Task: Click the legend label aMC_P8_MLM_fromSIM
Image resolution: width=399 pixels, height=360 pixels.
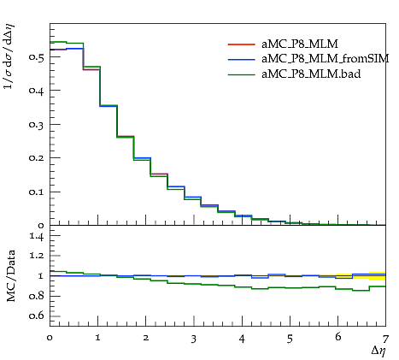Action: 326,59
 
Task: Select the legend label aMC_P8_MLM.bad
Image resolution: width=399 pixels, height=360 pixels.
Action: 311,74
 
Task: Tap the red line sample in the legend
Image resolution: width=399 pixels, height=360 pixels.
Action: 242,44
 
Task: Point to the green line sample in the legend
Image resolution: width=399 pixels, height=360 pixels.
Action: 242,74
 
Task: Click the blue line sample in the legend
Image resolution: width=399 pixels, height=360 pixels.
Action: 242,60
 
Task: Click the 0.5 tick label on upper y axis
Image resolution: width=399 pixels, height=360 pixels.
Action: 37,56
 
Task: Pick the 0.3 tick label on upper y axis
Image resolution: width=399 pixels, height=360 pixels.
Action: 37,125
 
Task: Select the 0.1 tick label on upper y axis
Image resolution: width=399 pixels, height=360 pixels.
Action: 37,192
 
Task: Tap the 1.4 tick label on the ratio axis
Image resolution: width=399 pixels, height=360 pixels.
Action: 37,236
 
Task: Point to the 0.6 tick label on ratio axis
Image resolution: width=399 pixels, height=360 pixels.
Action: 37,316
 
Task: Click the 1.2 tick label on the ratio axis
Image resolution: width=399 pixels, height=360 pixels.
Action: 37,256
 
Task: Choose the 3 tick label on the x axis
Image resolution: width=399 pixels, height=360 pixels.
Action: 194,339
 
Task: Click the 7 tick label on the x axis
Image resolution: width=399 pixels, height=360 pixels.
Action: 385,339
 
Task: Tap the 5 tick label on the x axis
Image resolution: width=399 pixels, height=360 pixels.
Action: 290,339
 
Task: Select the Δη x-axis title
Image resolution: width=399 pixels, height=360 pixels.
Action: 378,351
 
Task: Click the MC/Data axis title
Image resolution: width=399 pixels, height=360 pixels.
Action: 10,275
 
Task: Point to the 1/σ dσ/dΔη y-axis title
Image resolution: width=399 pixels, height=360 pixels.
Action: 9,56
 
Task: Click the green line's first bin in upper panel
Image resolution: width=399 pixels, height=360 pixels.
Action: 58,42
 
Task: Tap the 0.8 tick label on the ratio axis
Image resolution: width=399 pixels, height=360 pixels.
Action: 37,296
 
